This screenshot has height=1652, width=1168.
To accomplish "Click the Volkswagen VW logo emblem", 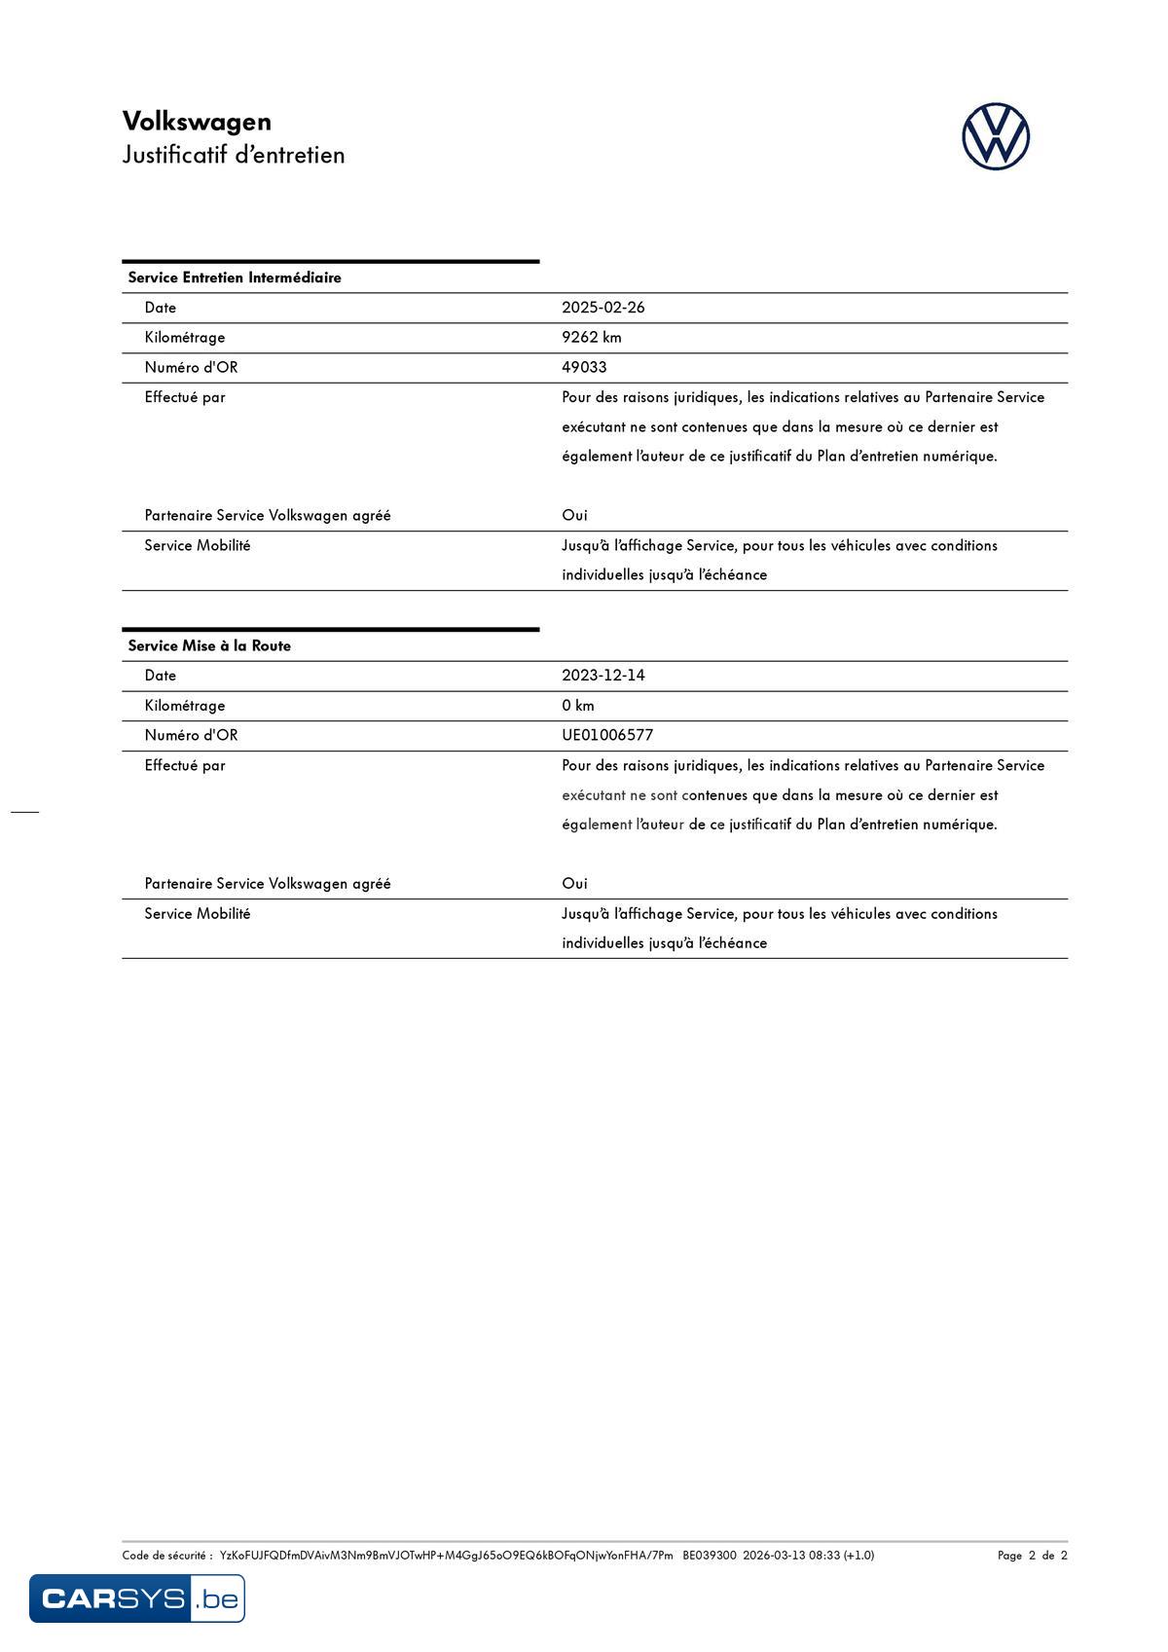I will pyautogui.click(x=996, y=137).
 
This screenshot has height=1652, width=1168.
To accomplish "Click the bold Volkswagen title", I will pyautogui.click(x=197, y=122).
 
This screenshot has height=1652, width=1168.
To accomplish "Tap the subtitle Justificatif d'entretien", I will pyautogui.click(x=234, y=155).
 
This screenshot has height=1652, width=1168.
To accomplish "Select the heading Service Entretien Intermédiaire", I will pyautogui.click(x=235, y=277).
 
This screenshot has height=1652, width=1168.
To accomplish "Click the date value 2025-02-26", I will pyautogui.click(x=602, y=308).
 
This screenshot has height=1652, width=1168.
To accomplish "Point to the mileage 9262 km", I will pyautogui.click(x=591, y=338).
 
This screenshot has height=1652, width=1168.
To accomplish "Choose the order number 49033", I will pyautogui.click(x=584, y=367).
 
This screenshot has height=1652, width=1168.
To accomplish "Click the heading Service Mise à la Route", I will pyautogui.click(x=209, y=645).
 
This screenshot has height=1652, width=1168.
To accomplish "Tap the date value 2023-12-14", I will pyautogui.click(x=602, y=676).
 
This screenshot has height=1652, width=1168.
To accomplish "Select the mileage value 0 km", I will pyautogui.click(x=577, y=706).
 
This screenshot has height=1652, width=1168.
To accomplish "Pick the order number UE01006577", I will pyautogui.click(x=607, y=735).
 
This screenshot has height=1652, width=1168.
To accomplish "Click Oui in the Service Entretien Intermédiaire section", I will pyautogui.click(x=574, y=515).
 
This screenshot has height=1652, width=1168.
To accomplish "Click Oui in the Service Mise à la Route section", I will pyautogui.click(x=574, y=883).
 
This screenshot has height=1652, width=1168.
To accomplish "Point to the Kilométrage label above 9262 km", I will pyautogui.click(x=185, y=338).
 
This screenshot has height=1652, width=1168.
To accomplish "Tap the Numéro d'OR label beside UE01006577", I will pyautogui.click(x=191, y=735).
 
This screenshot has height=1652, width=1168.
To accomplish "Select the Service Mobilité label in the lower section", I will pyautogui.click(x=198, y=913).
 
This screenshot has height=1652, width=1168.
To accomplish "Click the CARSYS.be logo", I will pyautogui.click(x=137, y=1598).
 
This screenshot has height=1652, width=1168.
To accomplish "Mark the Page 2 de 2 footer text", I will pyautogui.click(x=1032, y=1555).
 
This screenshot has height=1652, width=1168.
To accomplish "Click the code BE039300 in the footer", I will pyautogui.click(x=709, y=1555).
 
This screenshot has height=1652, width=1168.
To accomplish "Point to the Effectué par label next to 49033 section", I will pyautogui.click(x=185, y=397).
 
